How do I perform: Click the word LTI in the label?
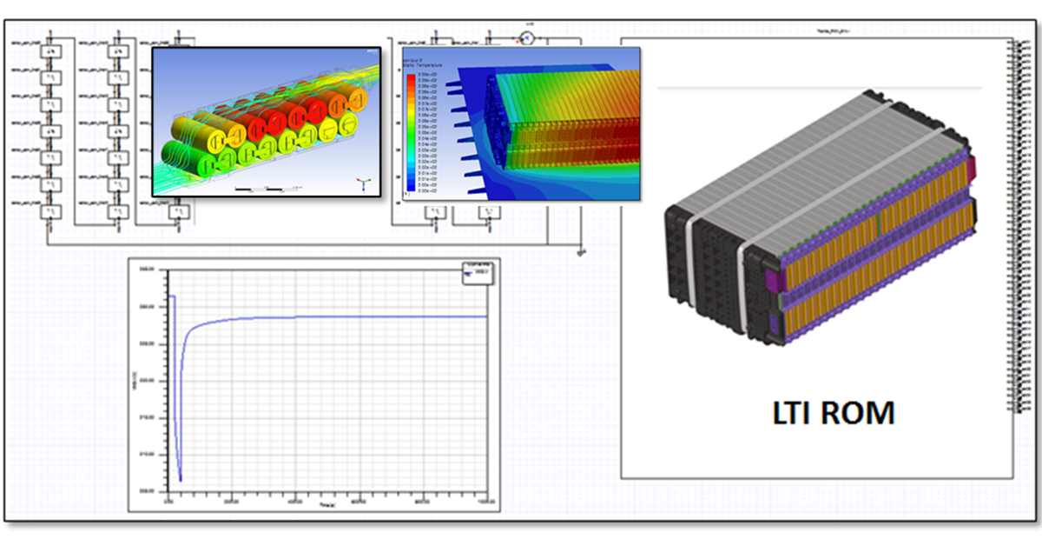795,412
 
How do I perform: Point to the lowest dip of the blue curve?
180,479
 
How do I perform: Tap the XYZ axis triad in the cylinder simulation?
366,183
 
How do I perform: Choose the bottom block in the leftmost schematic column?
51,212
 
